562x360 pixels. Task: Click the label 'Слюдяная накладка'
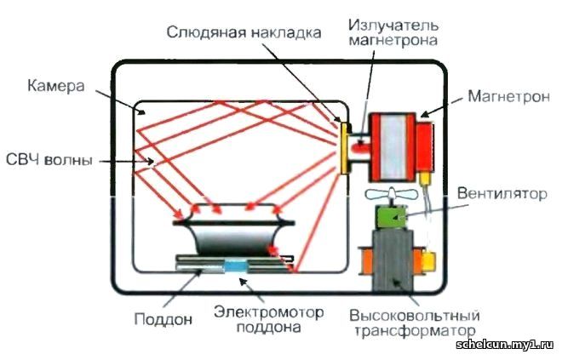coord(244,33)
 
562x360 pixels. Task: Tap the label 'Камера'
coord(56,86)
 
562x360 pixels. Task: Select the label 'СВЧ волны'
coord(49,160)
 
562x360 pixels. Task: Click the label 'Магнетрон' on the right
coord(508,97)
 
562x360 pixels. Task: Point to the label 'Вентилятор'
coord(502,194)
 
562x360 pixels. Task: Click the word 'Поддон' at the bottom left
coord(163,318)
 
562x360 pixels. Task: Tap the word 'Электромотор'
coord(269,312)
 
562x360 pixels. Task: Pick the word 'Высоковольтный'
coord(415,316)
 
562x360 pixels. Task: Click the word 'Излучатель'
coord(393,26)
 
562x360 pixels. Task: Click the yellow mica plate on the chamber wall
coord(345,148)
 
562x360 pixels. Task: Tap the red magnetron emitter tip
coord(360,147)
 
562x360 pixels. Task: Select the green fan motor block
coord(391,217)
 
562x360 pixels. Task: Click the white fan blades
coord(391,195)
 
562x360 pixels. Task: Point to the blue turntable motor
coord(236,266)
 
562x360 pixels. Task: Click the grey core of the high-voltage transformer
coord(393,260)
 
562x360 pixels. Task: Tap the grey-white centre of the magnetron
coord(393,147)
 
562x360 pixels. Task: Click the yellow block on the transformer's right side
coord(429,261)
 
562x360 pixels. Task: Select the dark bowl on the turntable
coord(234,240)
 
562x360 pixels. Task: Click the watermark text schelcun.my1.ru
coord(505,345)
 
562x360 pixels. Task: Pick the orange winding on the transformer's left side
coord(365,260)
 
